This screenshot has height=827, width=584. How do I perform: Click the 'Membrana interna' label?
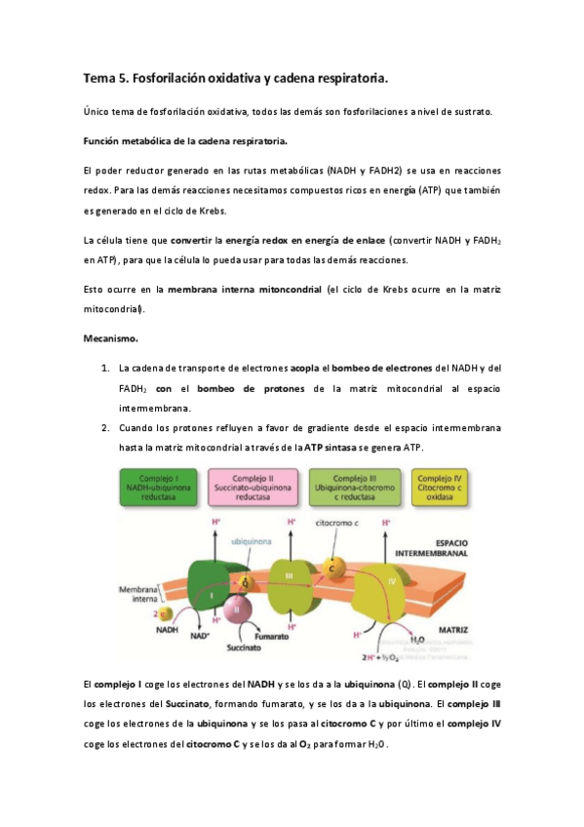138,595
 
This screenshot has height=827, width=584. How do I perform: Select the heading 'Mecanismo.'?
110,339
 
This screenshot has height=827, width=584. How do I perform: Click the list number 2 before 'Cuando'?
104,428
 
